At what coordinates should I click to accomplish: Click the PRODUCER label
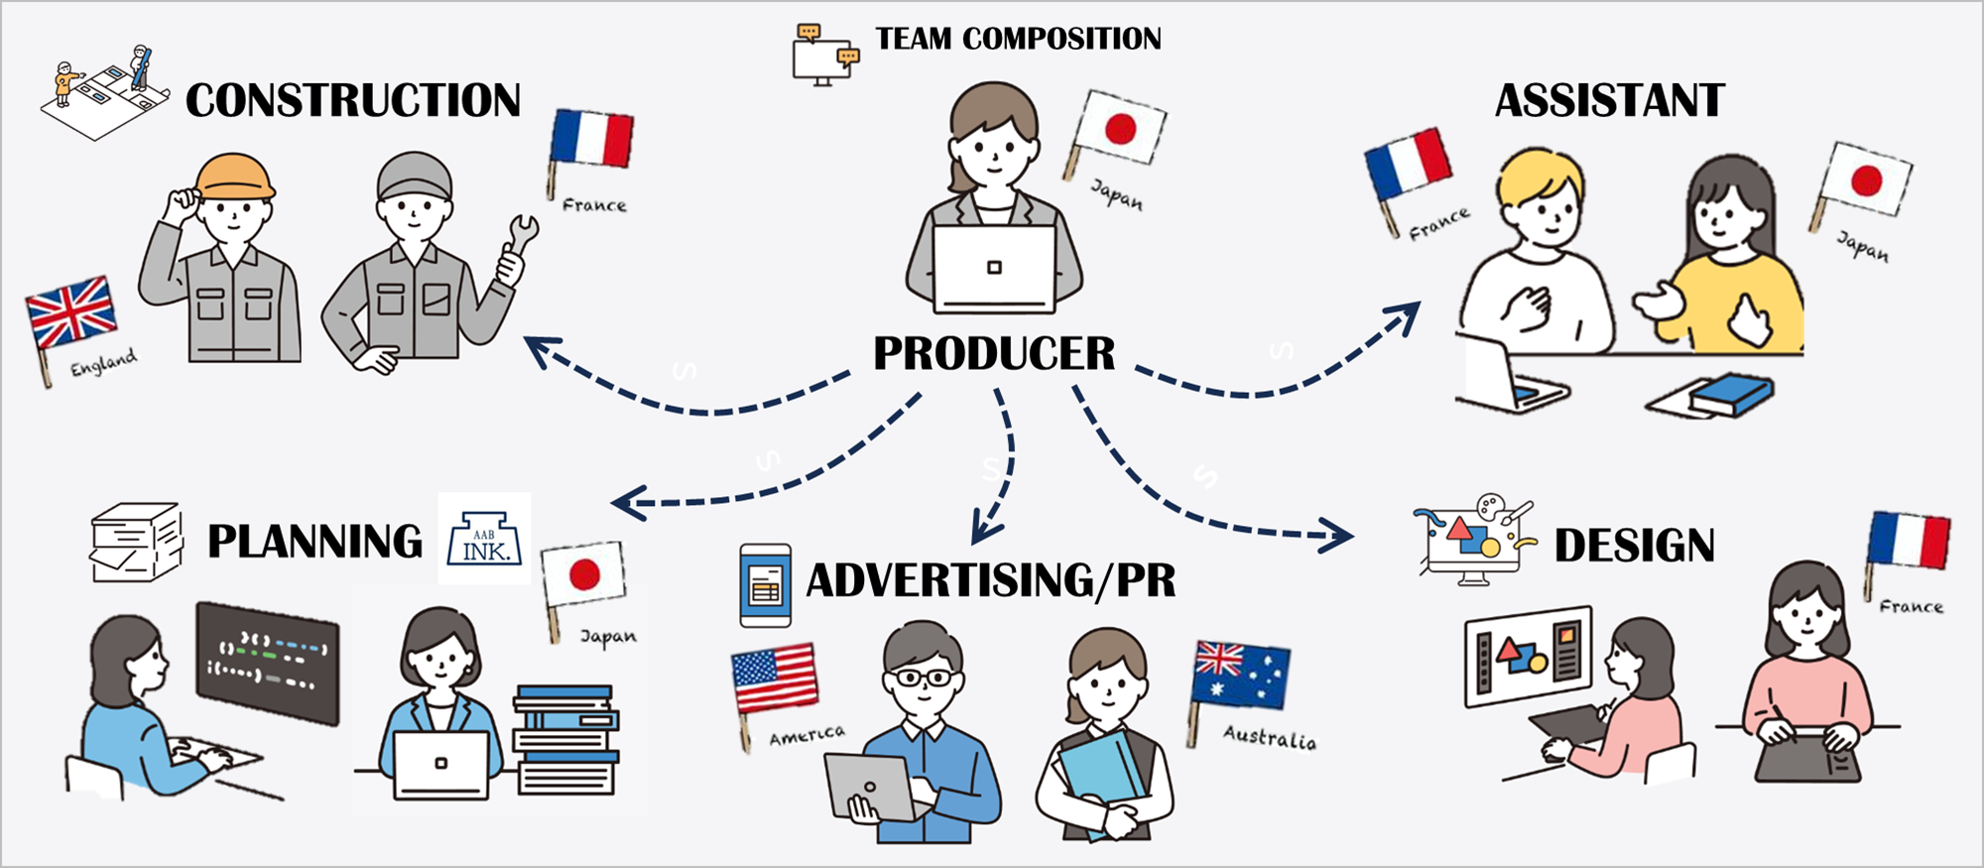click(x=994, y=354)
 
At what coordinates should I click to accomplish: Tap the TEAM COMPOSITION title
click(x=1018, y=39)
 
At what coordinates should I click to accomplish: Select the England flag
click(x=70, y=312)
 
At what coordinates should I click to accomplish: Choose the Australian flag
click(x=1241, y=676)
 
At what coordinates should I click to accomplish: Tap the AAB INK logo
click(x=485, y=539)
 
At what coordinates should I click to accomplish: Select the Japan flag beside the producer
click(x=1121, y=130)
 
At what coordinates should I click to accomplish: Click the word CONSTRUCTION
click(x=353, y=100)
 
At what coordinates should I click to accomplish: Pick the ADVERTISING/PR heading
click(x=990, y=580)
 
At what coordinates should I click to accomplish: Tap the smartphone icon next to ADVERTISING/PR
click(x=765, y=585)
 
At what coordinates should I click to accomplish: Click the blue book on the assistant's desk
click(x=1731, y=393)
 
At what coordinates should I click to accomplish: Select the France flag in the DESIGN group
click(x=1909, y=541)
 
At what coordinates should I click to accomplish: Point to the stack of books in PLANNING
click(x=565, y=739)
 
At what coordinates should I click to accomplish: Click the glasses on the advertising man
click(x=924, y=679)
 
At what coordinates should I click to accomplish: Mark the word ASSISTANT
click(x=1609, y=101)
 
